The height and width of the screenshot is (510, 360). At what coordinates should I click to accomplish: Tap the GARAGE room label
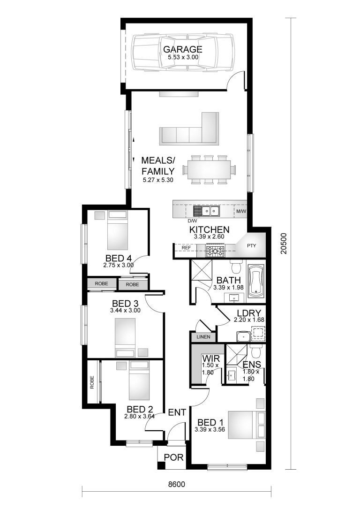[182, 49]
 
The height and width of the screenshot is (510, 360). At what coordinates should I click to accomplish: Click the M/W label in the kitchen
[241, 212]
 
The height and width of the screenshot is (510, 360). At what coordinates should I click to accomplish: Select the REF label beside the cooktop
[186, 247]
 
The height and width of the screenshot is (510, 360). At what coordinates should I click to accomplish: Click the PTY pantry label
[252, 245]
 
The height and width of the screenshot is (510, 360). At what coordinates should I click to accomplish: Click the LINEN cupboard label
[203, 337]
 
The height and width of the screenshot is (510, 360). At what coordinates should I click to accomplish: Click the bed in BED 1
[245, 425]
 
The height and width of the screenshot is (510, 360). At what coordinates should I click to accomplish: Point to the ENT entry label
[178, 412]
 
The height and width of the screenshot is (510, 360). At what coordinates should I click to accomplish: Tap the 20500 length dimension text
[285, 244]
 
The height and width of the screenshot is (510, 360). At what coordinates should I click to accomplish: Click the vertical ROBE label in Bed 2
[92, 382]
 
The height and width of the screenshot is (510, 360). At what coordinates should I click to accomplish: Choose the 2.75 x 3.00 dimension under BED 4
[119, 265]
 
